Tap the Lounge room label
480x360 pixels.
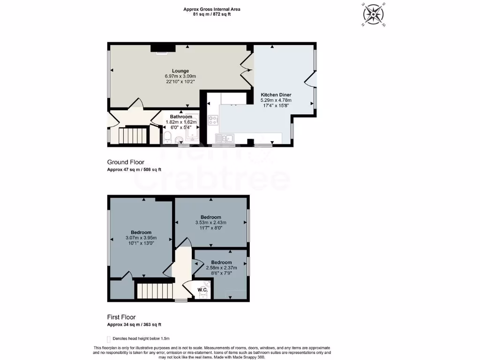pyautogui.click(x=180, y=71)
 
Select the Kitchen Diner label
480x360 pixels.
pyautogui.click(x=276, y=95)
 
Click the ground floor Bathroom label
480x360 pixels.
pyautogui.click(x=181, y=117)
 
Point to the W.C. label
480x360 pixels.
pyautogui.click(x=202, y=290)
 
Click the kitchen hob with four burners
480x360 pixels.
pyautogui.click(x=213, y=120)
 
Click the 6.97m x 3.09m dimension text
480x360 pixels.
pyautogui.click(x=180, y=76)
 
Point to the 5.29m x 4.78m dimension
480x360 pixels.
pyautogui.click(x=276, y=100)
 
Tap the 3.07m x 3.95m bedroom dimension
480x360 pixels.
pyautogui.click(x=141, y=238)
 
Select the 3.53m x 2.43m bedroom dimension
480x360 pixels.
pyautogui.click(x=210, y=223)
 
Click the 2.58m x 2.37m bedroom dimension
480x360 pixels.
pyautogui.click(x=221, y=268)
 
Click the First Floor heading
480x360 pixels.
pyautogui.click(x=121, y=317)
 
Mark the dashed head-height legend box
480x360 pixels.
pyautogui.click(x=109, y=338)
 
